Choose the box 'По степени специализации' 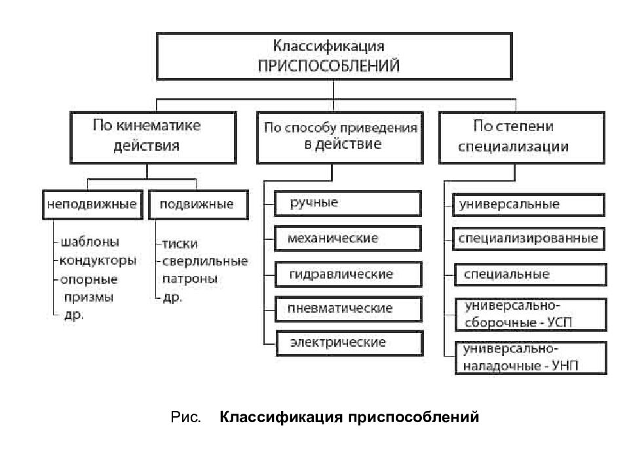click(522, 136)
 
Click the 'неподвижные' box click(92, 204)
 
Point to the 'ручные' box click(347, 203)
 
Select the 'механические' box click(347, 238)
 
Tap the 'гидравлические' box click(347, 273)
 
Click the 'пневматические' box click(347, 308)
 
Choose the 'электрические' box click(347, 343)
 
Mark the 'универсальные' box click(527, 204)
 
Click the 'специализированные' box click(527, 238)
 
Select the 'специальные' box click(527, 274)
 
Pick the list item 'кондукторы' click(98, 260)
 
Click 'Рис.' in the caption click(186, 418)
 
